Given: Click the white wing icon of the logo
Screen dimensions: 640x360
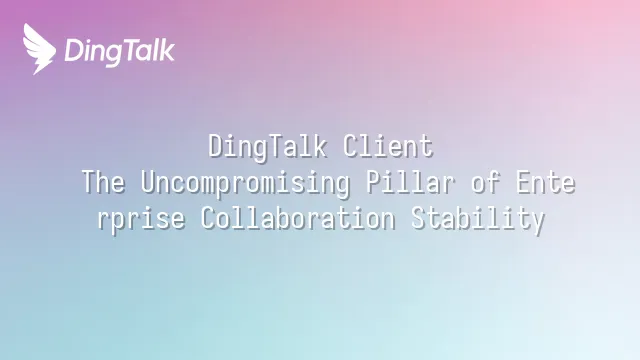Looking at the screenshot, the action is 39,49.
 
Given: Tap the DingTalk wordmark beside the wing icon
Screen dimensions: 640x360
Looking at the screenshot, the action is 120,52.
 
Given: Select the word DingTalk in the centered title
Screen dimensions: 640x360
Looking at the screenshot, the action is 268,147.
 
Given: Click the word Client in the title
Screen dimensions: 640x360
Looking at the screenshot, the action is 388,146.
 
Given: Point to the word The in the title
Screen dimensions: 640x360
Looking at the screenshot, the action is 103,182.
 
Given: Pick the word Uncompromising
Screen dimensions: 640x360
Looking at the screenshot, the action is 245,183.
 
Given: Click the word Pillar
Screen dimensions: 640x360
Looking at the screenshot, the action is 410,182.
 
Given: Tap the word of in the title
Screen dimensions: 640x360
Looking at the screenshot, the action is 486,182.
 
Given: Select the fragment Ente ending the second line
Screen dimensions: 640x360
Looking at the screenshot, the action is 546,182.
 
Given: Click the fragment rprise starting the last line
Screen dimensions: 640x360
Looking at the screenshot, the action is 141,219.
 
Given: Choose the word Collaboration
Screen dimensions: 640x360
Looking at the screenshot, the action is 298,218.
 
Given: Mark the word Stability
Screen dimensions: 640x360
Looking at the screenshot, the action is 478,219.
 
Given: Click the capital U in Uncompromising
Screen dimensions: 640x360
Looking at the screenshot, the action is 148,182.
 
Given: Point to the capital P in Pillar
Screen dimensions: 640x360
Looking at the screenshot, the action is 373,182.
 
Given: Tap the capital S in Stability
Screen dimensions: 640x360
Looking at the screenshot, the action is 418,218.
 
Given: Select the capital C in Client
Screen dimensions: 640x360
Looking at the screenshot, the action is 350,146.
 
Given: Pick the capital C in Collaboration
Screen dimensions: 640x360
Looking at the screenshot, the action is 208,218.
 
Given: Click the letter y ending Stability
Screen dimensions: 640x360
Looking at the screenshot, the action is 538,222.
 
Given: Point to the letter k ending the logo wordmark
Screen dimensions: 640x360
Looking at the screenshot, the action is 167,50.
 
